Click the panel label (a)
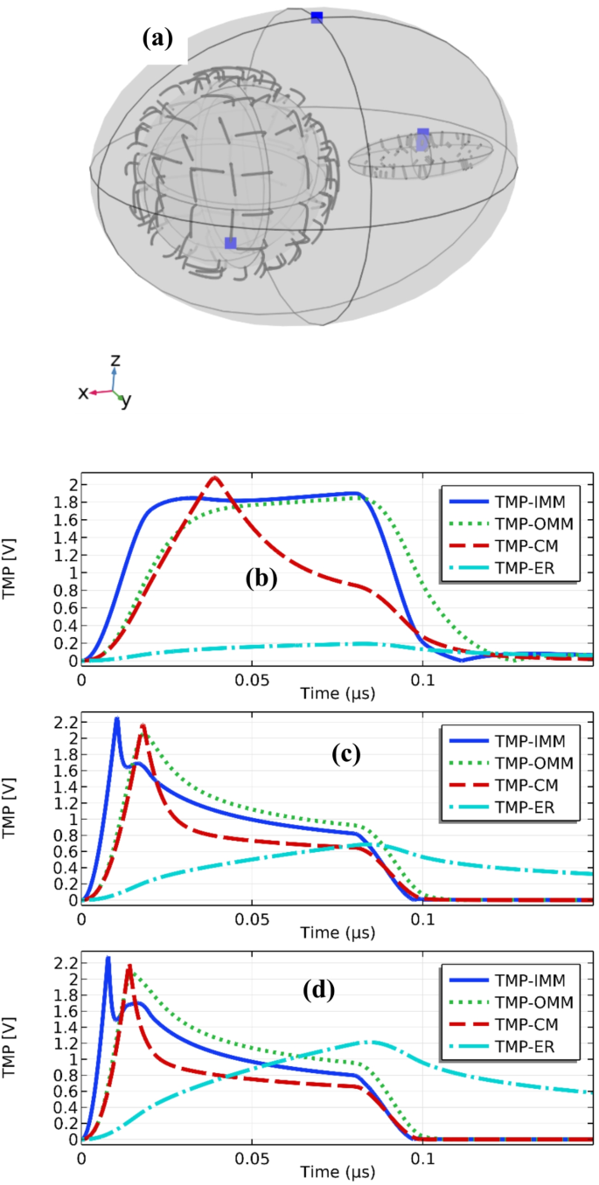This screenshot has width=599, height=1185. coord(159,38)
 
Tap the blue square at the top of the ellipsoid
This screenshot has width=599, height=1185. coord(317,17)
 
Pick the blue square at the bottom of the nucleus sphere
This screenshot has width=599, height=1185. coord(230,243)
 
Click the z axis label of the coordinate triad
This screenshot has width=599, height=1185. coord(115,359)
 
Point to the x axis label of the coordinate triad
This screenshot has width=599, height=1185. coord(83,393)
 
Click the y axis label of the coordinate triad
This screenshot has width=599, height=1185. coord(126,401)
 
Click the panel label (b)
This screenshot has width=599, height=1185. coord(260,579)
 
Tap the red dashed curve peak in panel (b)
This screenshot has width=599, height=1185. coord(213,477)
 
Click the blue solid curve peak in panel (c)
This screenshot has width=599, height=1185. coord(116,719)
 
